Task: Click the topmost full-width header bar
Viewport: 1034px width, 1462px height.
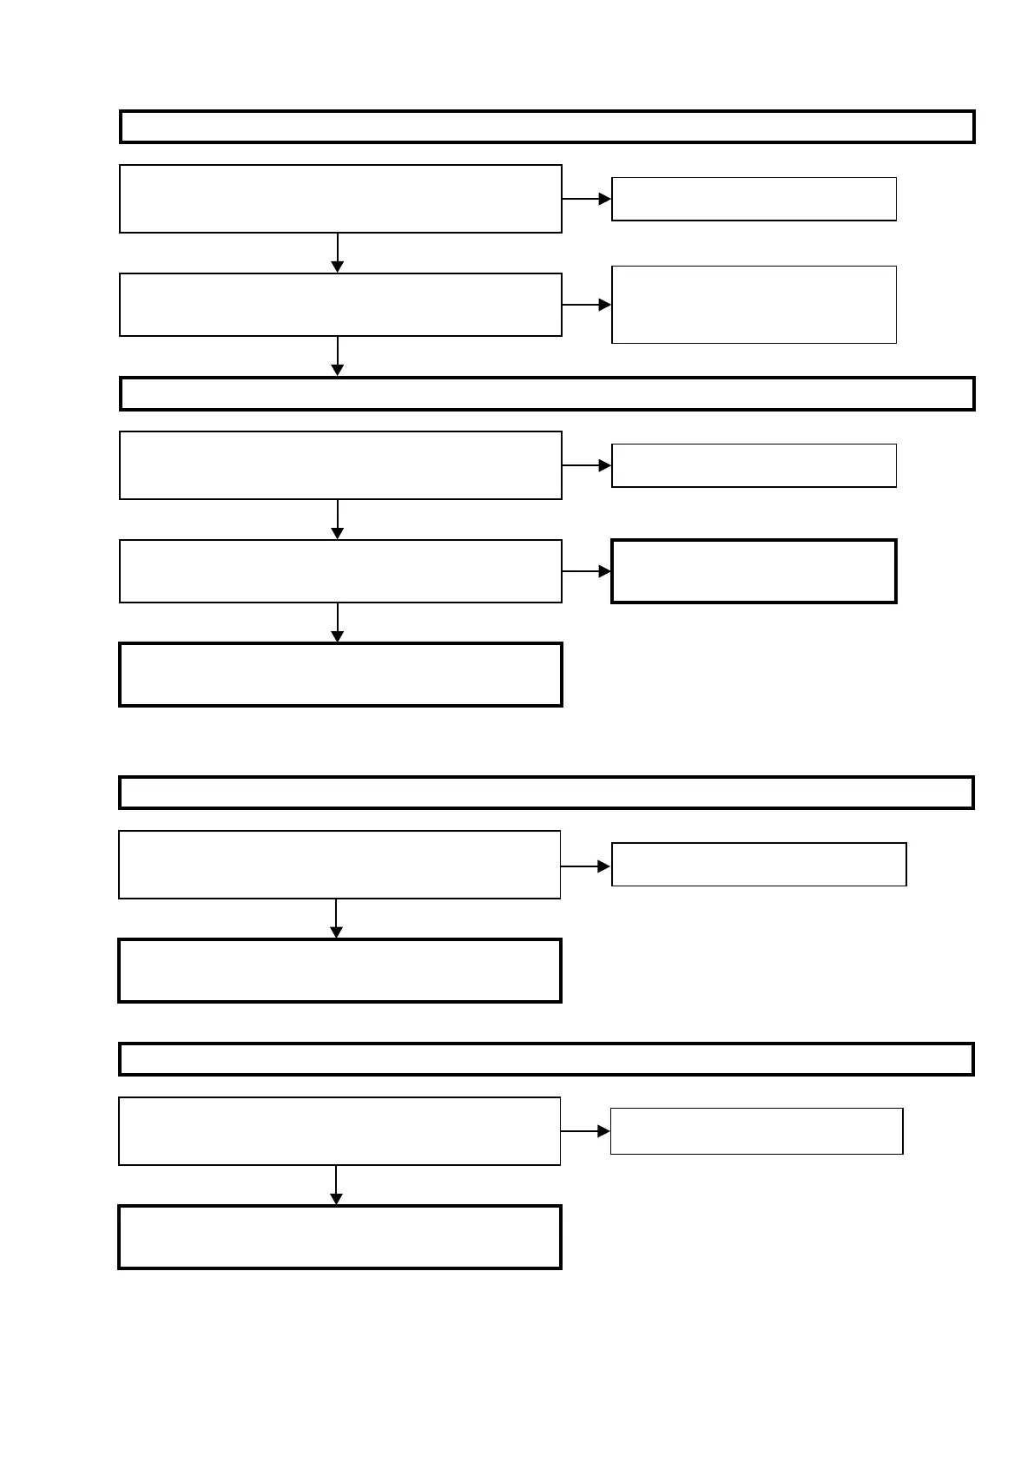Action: [547, 127]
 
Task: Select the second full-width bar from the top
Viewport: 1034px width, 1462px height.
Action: [547, 393]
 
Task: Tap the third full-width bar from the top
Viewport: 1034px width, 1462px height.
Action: [546, 793]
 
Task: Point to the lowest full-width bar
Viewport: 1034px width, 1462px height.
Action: [546, 1059]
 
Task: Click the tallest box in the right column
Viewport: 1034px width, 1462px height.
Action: [754, 305]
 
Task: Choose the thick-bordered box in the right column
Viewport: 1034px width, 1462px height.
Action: [754, 571]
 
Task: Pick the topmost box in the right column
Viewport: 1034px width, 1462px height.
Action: [754, 199]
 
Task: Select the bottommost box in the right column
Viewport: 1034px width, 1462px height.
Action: [756, 1131]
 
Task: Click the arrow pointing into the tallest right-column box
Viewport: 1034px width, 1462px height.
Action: [587, 305]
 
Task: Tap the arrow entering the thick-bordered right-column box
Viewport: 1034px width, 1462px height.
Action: [587, 571]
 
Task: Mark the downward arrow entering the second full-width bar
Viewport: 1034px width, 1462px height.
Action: [338, 357]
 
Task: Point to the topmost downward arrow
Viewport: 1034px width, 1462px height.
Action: [338, 253]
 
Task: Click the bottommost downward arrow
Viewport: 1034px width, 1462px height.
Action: [336, 1185]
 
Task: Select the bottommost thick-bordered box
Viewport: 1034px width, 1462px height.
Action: [339, 1237]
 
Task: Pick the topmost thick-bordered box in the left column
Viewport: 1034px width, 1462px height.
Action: [340, 675]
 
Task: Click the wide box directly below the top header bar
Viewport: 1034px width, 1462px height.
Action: [340, 199]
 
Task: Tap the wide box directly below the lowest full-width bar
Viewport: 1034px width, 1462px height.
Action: [339, 1131]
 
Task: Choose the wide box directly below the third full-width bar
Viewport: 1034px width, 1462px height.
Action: [339, 865]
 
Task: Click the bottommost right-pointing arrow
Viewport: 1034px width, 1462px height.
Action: [586, 1131]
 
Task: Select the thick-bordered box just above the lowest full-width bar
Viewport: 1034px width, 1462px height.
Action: [339, 971]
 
